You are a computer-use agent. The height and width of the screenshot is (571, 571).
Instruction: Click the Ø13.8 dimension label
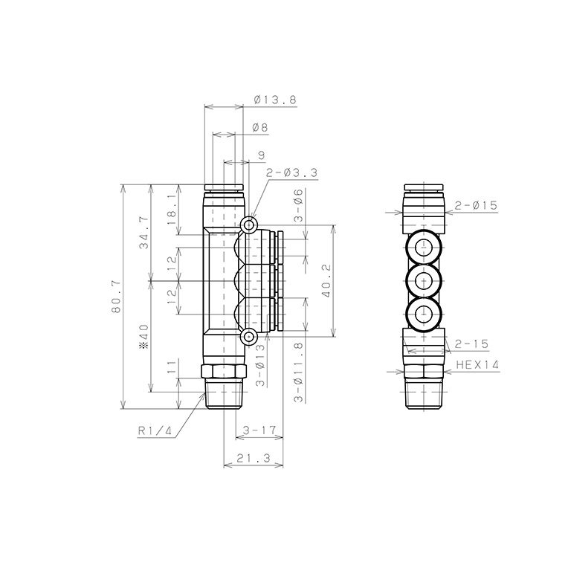coord(271,99)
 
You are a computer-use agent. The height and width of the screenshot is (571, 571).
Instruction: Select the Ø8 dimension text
coord(260,127)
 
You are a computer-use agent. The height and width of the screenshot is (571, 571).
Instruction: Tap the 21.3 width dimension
coord(253,458)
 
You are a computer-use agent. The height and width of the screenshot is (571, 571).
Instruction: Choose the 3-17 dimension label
coord(259,430)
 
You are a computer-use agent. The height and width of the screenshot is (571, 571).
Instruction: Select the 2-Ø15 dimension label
coord(475,205)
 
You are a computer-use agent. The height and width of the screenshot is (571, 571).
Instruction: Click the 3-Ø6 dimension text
coord(297,206)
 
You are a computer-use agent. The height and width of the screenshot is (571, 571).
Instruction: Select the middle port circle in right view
coord(423,280)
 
